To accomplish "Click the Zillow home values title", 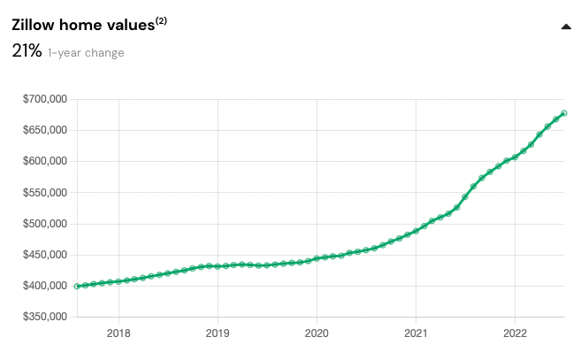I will pos(83,26).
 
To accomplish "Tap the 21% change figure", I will pos(27,51).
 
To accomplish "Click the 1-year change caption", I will pos(86,53).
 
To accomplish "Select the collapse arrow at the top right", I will pos(566,27).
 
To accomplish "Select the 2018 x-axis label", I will pos(118,333).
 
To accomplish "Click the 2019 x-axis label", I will pos(218,333).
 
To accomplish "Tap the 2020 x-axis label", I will pos(317,333).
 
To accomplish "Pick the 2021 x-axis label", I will pos(416,333).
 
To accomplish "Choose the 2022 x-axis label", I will pos(515,333).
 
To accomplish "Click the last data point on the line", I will pos(564,113).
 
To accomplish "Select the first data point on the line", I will pos(78,286).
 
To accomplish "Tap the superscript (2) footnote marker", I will pos(162,20).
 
